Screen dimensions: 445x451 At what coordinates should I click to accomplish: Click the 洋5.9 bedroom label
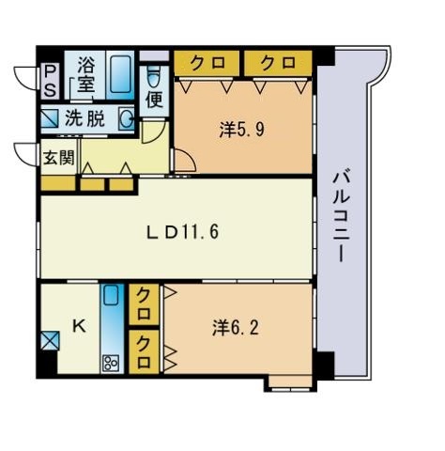242,129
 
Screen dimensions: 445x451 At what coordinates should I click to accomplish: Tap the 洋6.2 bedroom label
236,328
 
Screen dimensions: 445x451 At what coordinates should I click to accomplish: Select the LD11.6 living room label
183,232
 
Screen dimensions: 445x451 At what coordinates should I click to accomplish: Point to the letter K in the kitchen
80,326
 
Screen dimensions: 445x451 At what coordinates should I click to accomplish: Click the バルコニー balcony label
341,216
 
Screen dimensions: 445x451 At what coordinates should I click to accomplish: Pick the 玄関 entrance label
58,158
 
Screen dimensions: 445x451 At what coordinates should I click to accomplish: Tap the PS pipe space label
50,81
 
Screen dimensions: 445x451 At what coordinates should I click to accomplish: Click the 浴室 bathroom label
85,75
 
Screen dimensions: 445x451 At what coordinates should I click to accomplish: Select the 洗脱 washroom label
84,119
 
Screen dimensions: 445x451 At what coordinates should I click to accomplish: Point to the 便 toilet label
155,100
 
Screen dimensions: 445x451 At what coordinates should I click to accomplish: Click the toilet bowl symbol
153,77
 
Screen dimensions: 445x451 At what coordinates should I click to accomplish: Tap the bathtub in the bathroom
120,74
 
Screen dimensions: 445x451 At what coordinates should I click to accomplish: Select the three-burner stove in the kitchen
111,363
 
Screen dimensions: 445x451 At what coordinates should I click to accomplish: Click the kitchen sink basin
111,295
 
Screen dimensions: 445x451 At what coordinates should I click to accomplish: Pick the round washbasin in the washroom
127,119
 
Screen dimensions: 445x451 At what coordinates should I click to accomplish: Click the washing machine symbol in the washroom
50,118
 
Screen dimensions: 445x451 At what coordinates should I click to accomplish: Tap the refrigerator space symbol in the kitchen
50,341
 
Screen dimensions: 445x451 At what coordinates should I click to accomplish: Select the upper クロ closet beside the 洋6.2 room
144,304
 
